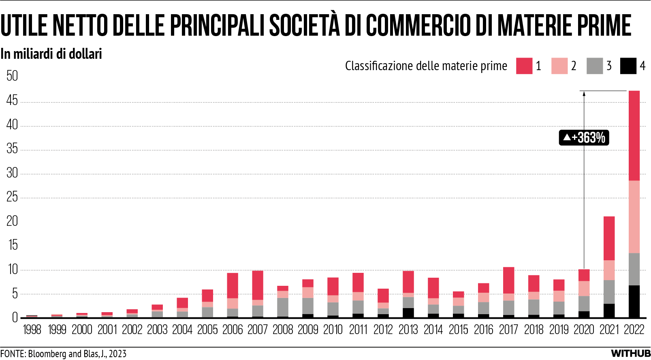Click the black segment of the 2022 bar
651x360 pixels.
click(634, 301)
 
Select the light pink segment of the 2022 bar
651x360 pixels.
click(634, 217)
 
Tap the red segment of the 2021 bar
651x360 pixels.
click(609, 238)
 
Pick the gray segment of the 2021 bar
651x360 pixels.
click(609, 292)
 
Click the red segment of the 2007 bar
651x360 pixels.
click(258, 285)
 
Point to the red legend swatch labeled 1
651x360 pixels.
click(524, 66)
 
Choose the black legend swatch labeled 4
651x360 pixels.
click(628, 66)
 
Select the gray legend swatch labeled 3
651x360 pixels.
click(594, 66)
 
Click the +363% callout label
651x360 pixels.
click(584, 138)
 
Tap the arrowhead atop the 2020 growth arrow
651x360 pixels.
click(584, 94)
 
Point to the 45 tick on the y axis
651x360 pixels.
click(12, 101)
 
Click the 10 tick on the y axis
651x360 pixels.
click(12, 270)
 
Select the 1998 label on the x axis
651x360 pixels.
click(32, 330)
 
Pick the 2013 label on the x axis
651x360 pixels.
click(408, 330)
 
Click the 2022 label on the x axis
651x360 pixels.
click(634, 330)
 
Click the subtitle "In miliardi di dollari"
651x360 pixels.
click(51, 54)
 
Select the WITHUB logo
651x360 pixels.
click(630, 354)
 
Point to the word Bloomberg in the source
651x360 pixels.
click(47, 354)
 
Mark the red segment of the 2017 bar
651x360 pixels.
click(508, 280)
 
